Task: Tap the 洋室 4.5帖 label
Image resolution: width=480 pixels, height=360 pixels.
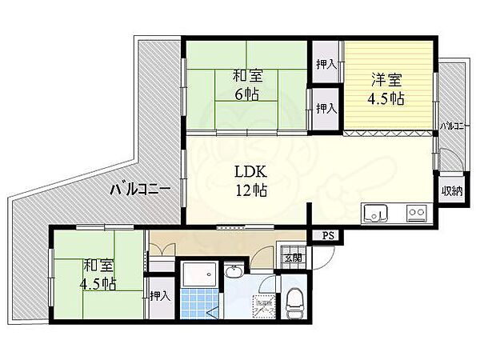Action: click(385, 90)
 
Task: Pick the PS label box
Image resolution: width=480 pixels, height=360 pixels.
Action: click(328, 235)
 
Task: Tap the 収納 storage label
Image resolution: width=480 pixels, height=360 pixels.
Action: click(450, 191)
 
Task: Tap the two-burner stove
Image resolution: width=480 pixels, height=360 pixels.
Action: click(416, 214)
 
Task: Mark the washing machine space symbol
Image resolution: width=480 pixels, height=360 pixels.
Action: click(264, 304)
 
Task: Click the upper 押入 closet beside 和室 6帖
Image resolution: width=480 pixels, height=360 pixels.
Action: click(324, 63)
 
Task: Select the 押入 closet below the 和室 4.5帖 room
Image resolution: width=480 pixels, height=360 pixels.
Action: click(160, 296)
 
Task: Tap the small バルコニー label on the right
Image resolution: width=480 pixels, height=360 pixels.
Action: click(452, 126)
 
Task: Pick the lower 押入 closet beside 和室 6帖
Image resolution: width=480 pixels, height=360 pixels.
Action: click(324, 106)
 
